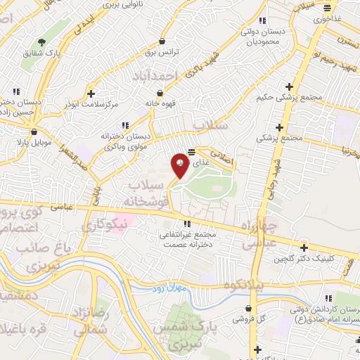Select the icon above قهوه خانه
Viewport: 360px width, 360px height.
click(x=160, y=92)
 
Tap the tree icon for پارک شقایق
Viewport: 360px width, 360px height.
click(x=41, y=42)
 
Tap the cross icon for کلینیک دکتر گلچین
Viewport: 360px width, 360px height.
click(x=304, y=247)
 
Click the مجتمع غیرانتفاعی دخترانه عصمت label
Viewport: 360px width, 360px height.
click(x=188, y=239)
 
